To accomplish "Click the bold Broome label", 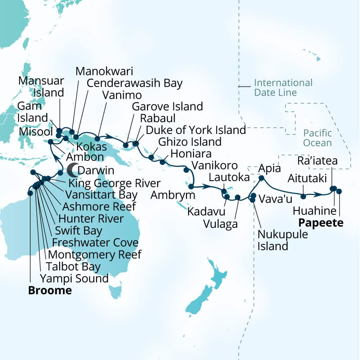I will pos(50,290).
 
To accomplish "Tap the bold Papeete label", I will pos(321,223).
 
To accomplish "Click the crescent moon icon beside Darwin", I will pos(72,171).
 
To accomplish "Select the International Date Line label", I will pos(283,88).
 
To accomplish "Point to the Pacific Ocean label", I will pos(317,138).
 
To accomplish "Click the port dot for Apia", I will pos(262,178).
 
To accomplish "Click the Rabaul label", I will pos(157,118).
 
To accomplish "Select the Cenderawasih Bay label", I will pos(135,83).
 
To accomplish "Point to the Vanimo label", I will pos(122,95).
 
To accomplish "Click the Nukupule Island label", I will pos(283,240).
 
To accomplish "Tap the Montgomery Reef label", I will pos(95,254).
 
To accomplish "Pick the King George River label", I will pos(115,183).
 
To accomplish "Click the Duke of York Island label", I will pos(196,130).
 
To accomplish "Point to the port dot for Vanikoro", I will pos(186,170).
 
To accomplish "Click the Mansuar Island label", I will pos(41,87).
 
